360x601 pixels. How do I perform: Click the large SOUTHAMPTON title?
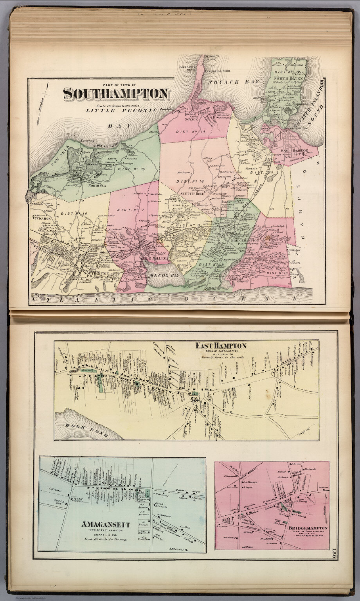click(116, 94)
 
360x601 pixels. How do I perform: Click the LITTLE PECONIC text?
click(121, 110)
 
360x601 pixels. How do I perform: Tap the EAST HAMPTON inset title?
click(221, 345)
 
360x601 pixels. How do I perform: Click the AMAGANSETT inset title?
click(105, 524)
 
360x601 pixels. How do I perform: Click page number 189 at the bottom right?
click(334, 554)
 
